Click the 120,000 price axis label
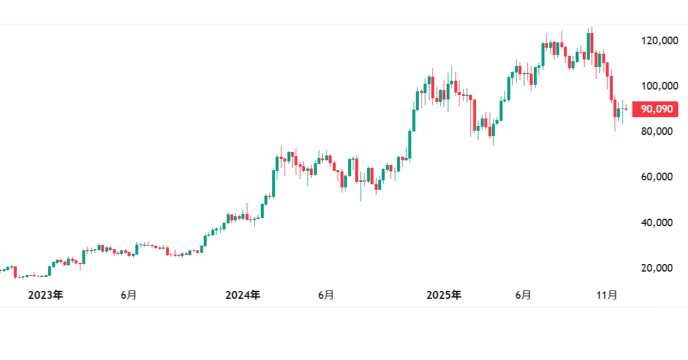[657, 40]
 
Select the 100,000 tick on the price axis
[657, 86]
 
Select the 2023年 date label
[45, 295]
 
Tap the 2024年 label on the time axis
[243, 295]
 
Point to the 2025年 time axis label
[443, 295]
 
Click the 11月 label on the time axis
[608, 295]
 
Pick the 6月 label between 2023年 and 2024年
[128, 295]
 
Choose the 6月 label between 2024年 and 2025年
[326, 295]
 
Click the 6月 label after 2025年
[523, 295]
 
